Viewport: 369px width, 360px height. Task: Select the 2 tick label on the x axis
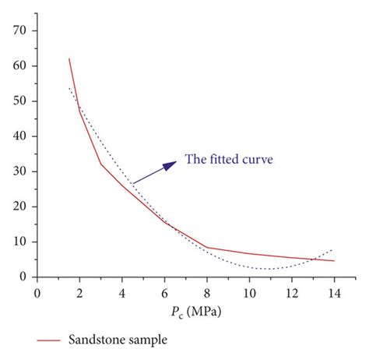pos(79,293)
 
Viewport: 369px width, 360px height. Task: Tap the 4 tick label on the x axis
pos(122,293)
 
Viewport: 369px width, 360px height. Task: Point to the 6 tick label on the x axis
pos(164,293)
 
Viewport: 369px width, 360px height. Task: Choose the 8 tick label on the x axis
pos(207,293)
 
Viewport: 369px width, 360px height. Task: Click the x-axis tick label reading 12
pos(292,293)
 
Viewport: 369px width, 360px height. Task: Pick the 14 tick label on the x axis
pos(334,293)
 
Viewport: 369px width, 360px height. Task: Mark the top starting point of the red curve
pos(69,58)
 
